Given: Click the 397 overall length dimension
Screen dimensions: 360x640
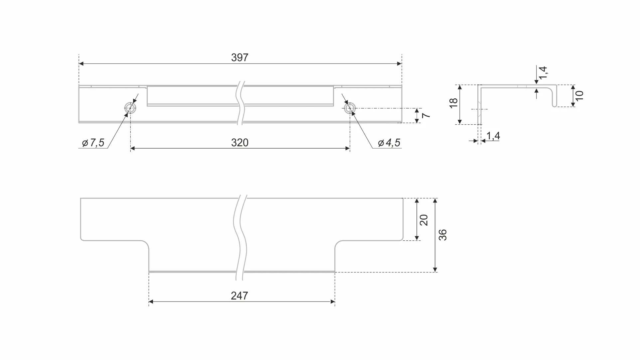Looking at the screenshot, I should point(240,58).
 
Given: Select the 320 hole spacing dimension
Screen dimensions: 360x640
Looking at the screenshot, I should point(240,143).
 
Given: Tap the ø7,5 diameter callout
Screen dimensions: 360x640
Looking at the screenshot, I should point(93,143).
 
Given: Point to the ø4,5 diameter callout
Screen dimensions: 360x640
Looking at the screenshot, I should point(389,143).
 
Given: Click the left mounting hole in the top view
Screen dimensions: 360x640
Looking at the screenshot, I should point(130,108).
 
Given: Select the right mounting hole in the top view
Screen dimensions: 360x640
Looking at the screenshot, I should point(350,108).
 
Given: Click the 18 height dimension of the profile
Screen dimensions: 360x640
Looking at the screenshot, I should point(453,103).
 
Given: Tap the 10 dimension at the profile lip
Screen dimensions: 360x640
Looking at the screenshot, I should point(579,96).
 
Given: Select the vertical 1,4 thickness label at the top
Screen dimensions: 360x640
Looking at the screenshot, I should point(543,73).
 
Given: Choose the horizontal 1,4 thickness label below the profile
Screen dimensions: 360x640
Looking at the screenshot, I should point(493,136).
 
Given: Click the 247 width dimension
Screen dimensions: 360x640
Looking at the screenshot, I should point(240,296).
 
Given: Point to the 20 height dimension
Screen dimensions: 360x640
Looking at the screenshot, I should point(423,220).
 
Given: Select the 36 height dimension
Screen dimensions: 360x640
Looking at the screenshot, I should point(443,235).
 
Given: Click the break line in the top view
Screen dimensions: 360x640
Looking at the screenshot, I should point(241,103).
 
